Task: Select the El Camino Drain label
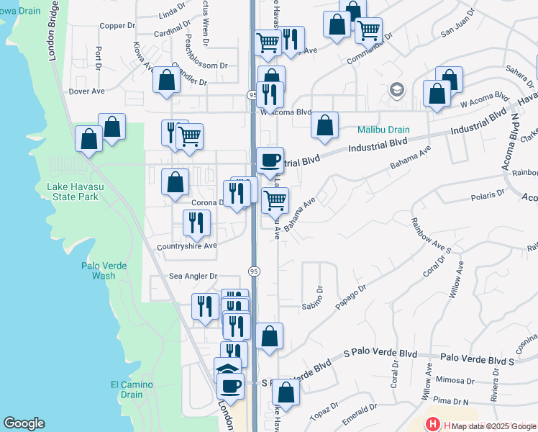point(132,390)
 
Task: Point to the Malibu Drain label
point(384,130)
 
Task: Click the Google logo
point(24,423)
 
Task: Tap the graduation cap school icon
point(396,90)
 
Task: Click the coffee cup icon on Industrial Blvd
point(270,160)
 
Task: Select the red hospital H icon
point(433,425)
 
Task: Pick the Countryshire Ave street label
point(187,246)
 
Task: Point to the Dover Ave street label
point(86,91)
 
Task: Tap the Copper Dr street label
point(117,25)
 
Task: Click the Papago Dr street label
point(352,298)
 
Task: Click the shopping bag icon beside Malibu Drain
point(325,125)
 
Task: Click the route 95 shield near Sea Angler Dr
point(255,271)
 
